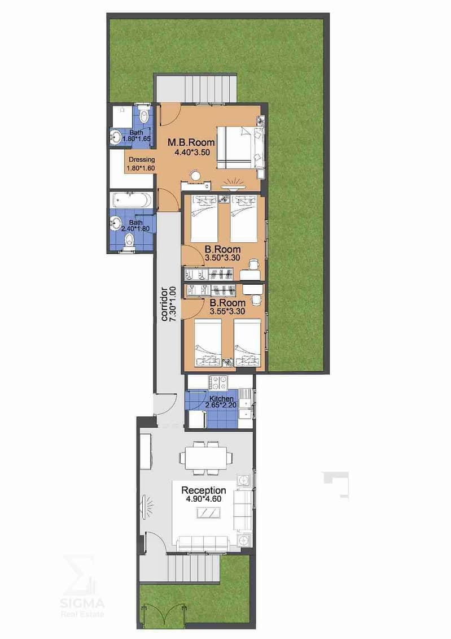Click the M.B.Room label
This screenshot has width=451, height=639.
(x=191, y=142)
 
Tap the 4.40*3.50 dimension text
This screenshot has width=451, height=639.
(x=192, y=153)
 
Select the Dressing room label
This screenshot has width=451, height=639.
(x=142, y=160)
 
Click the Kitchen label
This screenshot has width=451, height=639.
(x=221, y=398)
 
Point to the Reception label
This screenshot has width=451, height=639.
(x=204, y=490)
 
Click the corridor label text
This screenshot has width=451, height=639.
(x=164, y=305)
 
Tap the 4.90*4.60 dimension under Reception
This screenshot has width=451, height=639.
(x=204, y=499)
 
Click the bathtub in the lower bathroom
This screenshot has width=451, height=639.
(x=131, y=201)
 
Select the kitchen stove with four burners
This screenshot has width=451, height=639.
(x=218, y=382)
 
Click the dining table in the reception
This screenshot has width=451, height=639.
(x=207, y=458)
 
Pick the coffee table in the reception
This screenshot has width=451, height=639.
(x=209, y=512)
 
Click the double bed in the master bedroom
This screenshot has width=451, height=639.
(x=240, y=147)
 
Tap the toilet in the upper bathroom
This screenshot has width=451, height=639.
(x=143, y=115)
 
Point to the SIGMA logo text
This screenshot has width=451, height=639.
(x=82, y=603)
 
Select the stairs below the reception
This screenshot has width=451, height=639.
(x=194, y=570)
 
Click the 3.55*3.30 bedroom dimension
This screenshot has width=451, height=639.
(x=227, y=312)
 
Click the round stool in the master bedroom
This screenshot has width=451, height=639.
(x=196, y=176)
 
